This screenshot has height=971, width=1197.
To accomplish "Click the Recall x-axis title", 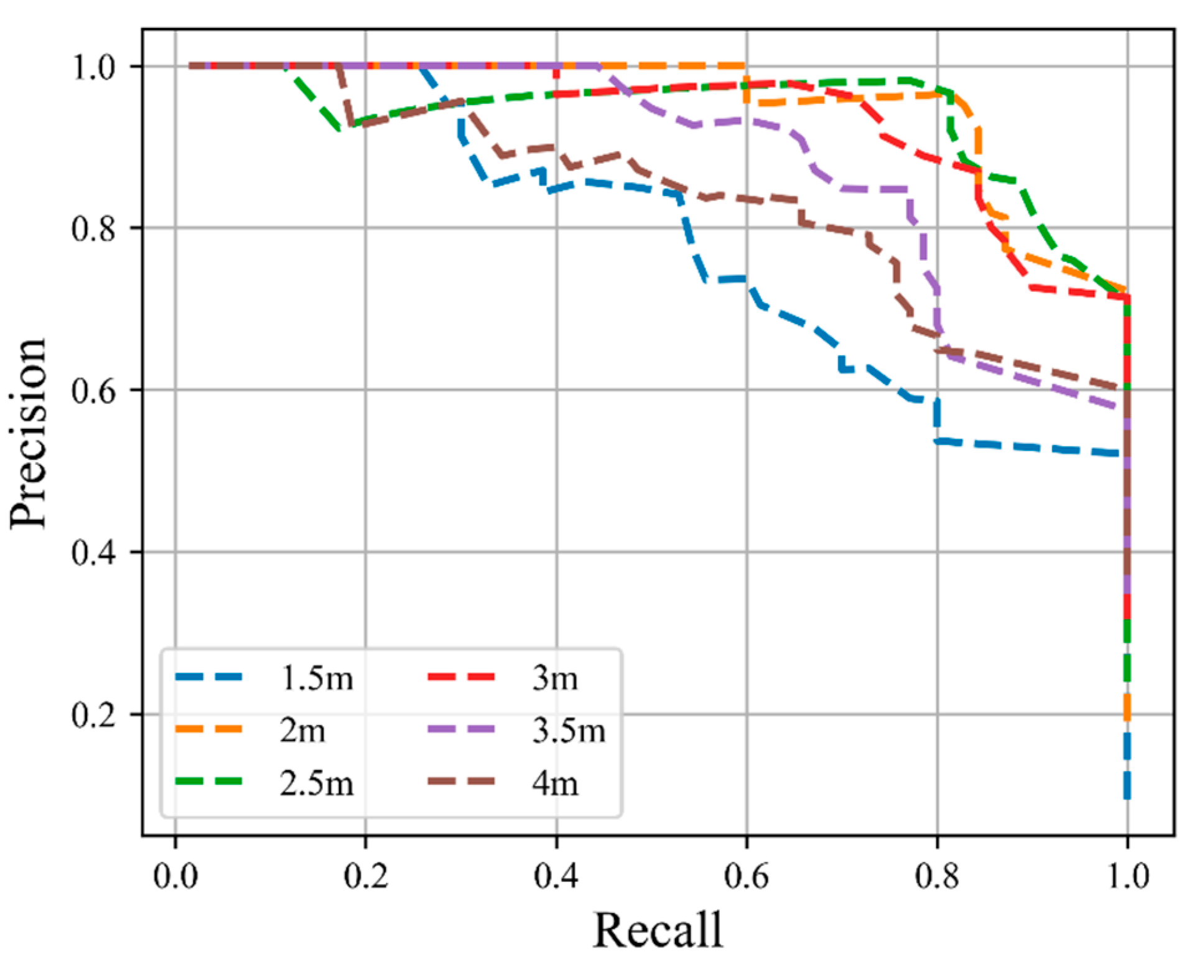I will tap(658, 930).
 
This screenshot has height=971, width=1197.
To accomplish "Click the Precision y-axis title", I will tap(29, 433).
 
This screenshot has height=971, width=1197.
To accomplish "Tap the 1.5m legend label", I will tap(317, 678).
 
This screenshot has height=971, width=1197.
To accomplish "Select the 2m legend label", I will tap(302, 730).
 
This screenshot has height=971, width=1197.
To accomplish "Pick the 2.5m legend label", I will tap(317, 783).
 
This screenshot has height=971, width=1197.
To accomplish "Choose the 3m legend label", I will tap(554, 678).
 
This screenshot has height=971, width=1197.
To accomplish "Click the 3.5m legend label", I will tap(569, 730).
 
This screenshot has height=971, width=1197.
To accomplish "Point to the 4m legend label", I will tap(554, 783).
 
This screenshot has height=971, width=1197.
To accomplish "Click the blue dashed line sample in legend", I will tap(209, 677).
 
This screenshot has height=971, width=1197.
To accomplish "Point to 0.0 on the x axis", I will tap(175, 876).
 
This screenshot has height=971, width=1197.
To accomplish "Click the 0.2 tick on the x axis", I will tap(366, 876).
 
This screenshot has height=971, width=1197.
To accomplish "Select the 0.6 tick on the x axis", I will tap(747, 876).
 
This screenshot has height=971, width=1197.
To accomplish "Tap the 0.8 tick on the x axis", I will tap(937, 876).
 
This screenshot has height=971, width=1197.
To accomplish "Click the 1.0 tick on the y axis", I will tap(95, 67).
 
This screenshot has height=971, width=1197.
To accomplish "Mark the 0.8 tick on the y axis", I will tap(95, 228).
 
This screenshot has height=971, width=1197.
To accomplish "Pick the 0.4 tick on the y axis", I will tap(95, 552).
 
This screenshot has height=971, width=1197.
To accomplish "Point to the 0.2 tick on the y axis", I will tap(95, 715).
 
